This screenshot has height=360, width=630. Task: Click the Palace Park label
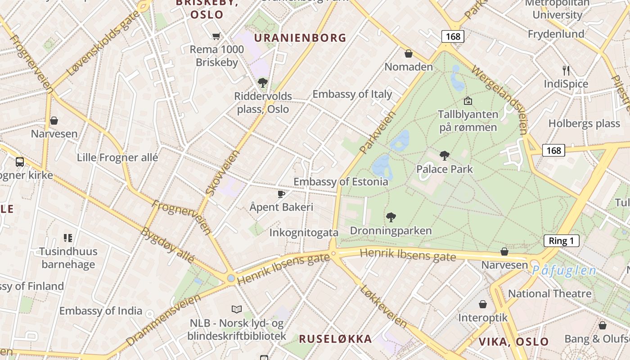point(445,169)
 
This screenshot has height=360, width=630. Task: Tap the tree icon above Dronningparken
point(391,217)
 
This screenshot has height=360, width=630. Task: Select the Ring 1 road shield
point(561,241)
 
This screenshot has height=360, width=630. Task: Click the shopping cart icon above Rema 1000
point(216,36)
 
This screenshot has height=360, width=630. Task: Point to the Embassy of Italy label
point(352,94)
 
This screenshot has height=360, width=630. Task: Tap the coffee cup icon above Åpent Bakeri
point(281,194)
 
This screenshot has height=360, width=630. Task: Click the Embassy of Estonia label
point(341,182)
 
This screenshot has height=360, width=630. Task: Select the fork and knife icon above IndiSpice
point(566,70)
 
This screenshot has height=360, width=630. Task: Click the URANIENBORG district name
point(300,38)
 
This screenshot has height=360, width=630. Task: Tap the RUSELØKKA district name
point(335,339)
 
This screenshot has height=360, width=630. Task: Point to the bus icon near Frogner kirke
point(20,162)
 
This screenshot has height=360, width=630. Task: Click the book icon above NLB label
point(237,309)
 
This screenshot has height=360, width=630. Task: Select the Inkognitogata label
point(304,233)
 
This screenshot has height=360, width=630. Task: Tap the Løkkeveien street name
point(383,306)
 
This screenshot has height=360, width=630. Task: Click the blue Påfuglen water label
point(564,270)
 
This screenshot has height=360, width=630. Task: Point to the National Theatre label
point(549,294)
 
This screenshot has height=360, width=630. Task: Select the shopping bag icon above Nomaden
point(409,54)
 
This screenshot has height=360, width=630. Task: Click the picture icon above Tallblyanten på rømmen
point(468,101)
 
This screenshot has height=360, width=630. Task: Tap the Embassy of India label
point(101,311)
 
